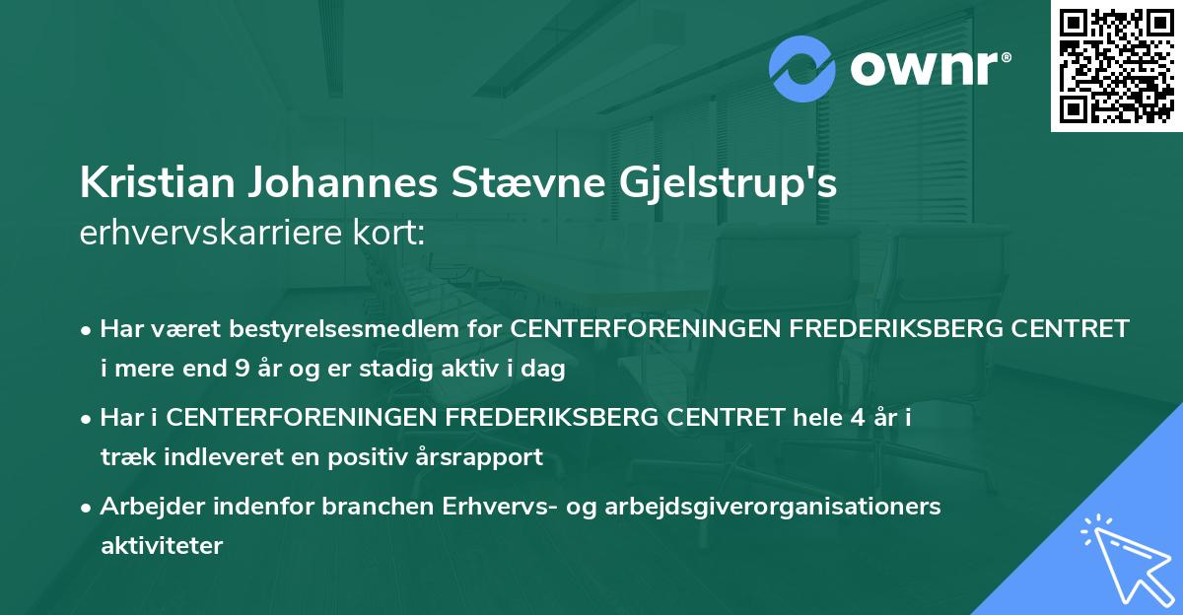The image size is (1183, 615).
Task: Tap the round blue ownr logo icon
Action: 801,68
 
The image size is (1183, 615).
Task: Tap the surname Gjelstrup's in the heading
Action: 718,184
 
